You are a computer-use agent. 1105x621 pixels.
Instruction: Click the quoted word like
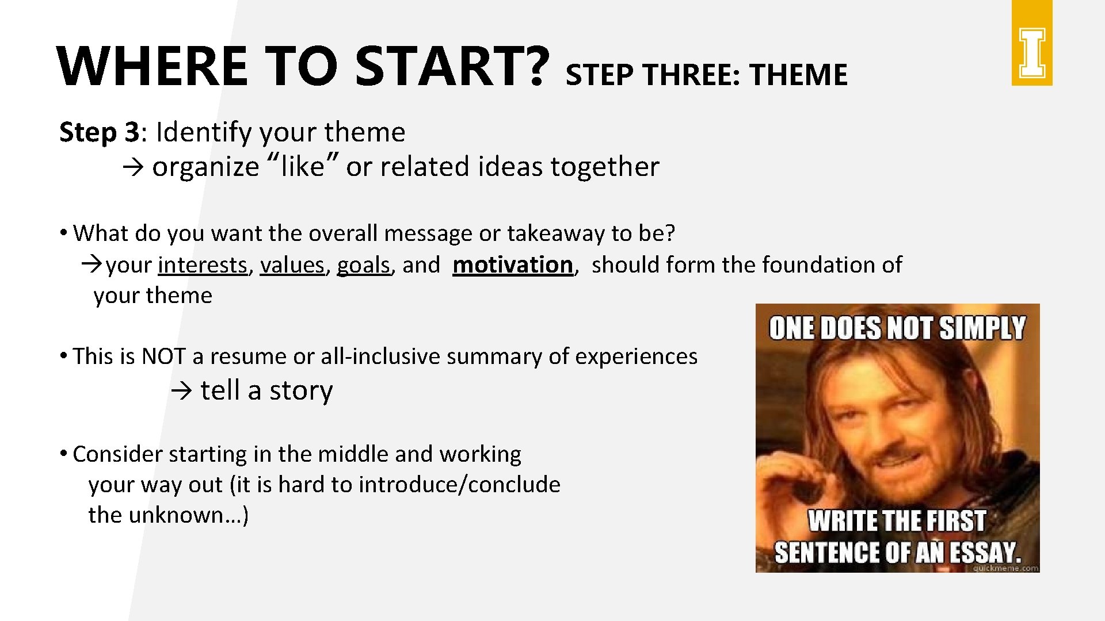(x=302, y=167)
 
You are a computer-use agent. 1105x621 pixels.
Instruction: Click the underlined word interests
(x=203, y=265)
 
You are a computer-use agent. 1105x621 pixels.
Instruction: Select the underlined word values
(x=292, y=265)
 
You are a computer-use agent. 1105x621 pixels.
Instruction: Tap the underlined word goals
(x=363, y=265)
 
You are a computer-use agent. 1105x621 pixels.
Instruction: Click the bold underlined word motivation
(x=513, y=265)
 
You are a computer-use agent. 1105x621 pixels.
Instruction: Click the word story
(x=301, y=391)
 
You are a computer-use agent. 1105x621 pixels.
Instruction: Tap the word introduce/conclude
(x=459, y=485)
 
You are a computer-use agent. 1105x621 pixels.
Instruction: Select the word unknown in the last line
(x=176, y=515)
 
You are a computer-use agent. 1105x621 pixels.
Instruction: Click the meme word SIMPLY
(x=982, y=328)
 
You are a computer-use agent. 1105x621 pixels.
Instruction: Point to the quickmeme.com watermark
(x=1005, y=568)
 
